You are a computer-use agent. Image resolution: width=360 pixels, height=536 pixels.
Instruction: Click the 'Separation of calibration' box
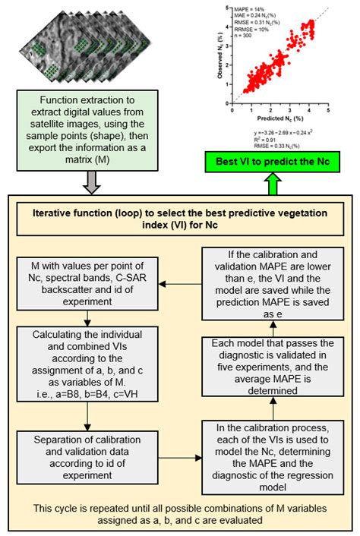[90, 449]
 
